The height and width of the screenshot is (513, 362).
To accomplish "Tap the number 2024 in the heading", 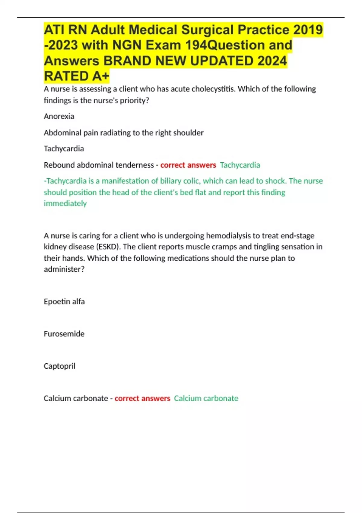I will coord(272,61).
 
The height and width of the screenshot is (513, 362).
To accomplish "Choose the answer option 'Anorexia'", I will coord(59,116).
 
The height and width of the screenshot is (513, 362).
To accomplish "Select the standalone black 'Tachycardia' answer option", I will coord(64,149).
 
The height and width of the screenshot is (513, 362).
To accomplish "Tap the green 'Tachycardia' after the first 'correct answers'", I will coord(240,165).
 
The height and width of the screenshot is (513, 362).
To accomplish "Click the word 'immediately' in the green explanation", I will coord(65,204).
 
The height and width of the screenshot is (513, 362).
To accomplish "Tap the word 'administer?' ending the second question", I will coord(64,269).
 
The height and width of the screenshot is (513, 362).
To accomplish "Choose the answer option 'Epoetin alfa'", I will coord(64,301).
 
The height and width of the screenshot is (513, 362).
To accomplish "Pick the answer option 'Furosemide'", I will coord(64,334).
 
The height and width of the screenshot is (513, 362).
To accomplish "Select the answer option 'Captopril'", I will coord(59,366).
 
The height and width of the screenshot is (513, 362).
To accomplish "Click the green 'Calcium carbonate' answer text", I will coord(206,398).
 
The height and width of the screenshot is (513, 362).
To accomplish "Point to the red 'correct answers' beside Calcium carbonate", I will coord(142,398).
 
